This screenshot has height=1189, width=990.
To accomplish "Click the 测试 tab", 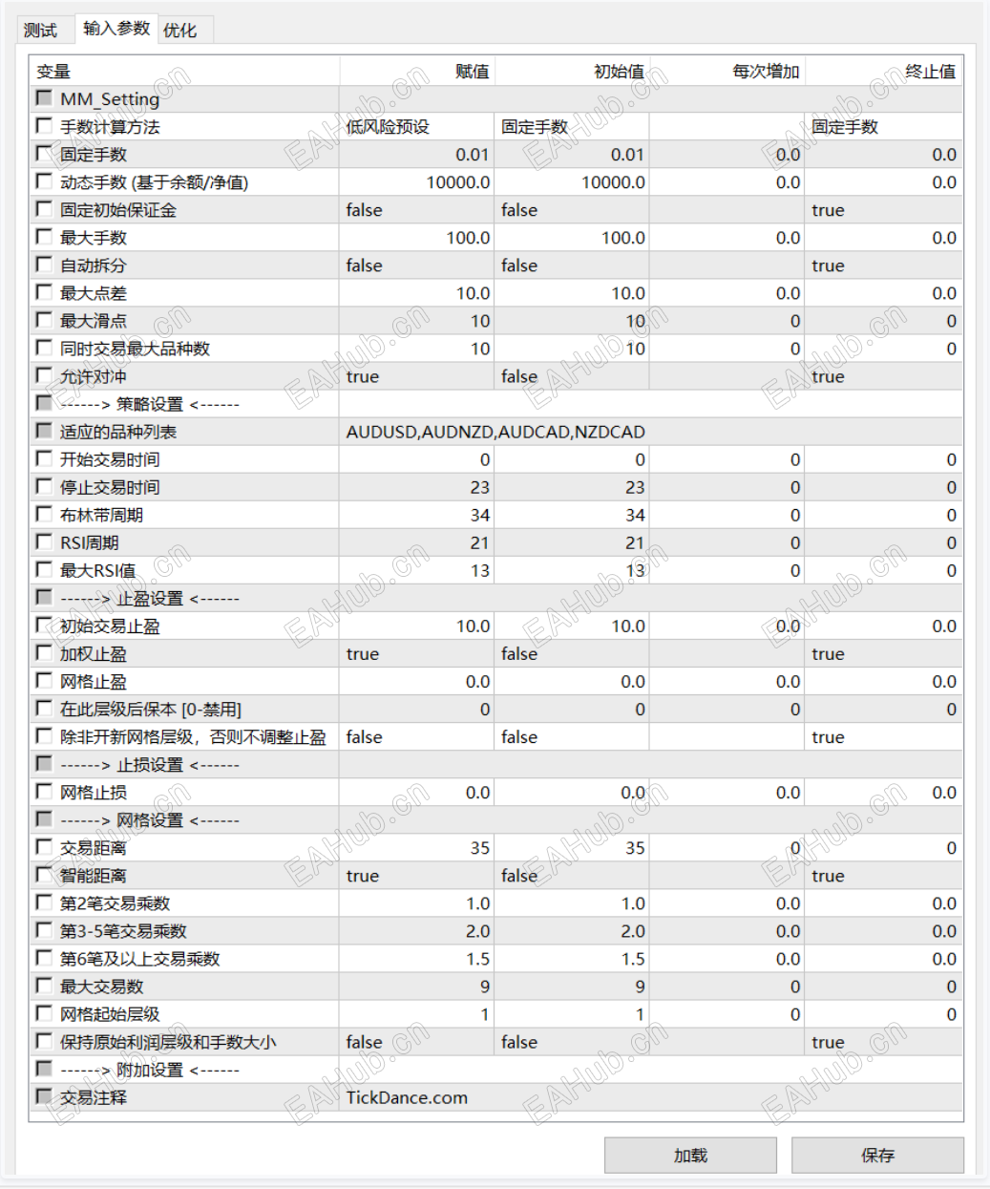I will [40, 30].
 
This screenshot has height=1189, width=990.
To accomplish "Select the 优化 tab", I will [179, 30].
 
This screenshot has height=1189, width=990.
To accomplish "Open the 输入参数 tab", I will [116, 28].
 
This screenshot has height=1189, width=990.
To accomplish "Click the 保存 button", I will [877, 1155].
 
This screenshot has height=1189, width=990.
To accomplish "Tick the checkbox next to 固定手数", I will [44, 154].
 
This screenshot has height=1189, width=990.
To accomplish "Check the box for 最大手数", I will [44, 237].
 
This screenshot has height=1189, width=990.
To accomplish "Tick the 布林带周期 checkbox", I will [44, 514].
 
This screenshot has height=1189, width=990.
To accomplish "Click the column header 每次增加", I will [765, 72].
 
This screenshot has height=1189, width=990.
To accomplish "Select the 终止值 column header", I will [930, 72].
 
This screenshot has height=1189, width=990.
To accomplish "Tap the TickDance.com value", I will [407, 1097].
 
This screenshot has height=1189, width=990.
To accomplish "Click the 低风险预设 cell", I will [388, 127].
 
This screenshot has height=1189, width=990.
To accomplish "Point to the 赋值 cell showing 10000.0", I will [458, 182].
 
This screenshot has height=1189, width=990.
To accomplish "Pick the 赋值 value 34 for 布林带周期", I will [479, 515].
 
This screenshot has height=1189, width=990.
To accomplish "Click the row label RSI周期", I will [90, 542].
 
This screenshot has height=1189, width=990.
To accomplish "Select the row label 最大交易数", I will [101, 987].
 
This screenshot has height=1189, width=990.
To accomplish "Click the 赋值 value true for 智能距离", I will [363, 876].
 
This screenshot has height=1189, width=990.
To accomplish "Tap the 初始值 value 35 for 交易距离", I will [635, 848].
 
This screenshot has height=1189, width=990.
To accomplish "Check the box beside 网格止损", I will [44, 791].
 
